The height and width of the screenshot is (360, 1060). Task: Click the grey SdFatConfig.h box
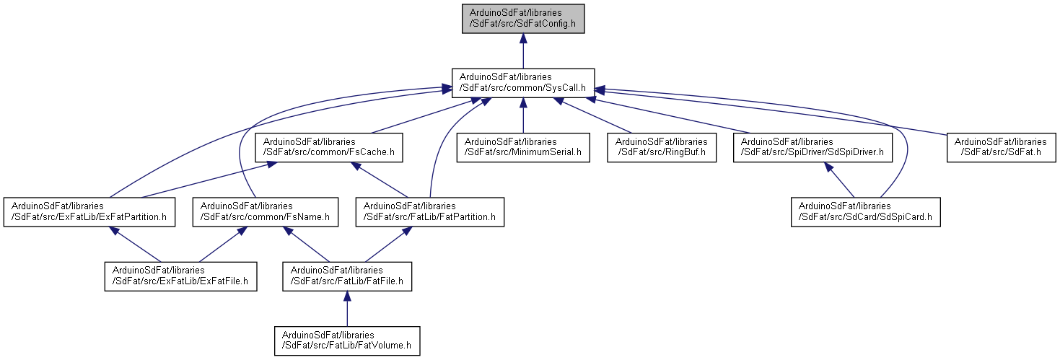[523, 19]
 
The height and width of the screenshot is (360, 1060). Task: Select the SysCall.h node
[523, 83]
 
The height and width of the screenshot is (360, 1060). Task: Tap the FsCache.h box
[328, 148]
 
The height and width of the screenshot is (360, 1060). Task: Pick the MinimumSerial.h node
[523, 148]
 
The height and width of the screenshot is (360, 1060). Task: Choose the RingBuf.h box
[662, 148]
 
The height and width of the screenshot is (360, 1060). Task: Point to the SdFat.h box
[1000, 148]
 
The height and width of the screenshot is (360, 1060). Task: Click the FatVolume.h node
[347, 341]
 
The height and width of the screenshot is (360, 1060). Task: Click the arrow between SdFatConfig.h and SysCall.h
[523, 51]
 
